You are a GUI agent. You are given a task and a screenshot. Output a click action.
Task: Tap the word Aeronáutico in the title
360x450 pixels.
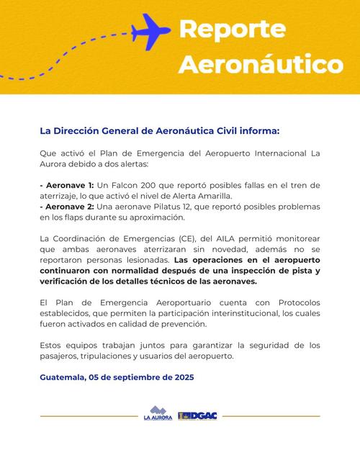pyautogui.click(x=260, y=64)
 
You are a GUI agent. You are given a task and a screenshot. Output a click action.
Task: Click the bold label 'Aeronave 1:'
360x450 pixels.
pyautogui.click(x=67, y=185)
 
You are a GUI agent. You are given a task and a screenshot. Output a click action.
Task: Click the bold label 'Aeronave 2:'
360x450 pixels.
pyautogui.click(x=68, y=207)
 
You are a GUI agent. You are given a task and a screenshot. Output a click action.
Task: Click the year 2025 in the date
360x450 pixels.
pyautogui.click(x=180, y=377)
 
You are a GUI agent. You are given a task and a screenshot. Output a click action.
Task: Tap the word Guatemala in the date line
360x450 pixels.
pyautogui.click(x=62, y=377)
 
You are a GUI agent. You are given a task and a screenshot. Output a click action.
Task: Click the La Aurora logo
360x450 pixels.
pyautogui.click(x=158, y=415)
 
